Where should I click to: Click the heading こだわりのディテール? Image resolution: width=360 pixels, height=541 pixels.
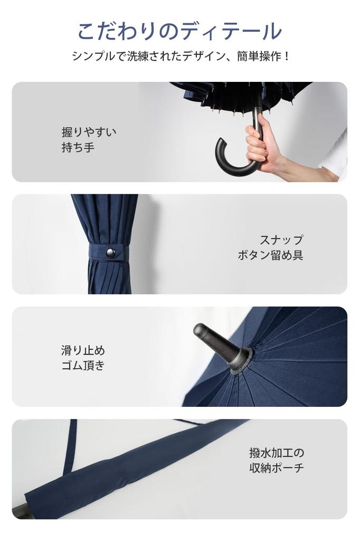coord(179,32)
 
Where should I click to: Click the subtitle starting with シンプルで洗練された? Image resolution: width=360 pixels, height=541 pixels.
coord(180,57)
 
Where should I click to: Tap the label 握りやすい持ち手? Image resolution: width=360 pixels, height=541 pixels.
coord(89,139)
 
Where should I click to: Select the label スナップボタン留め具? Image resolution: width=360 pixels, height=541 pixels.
coord(270,248)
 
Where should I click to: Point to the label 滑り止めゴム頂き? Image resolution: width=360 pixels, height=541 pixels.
coord(83,358)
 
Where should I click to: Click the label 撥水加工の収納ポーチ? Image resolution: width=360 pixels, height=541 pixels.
coord(277,460)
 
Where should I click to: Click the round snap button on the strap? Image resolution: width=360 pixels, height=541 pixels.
coord(111,253)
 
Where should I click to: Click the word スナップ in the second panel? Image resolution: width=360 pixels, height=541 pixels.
coord(281,240)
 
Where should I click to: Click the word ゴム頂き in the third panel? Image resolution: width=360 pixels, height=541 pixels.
coord(83,366)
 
